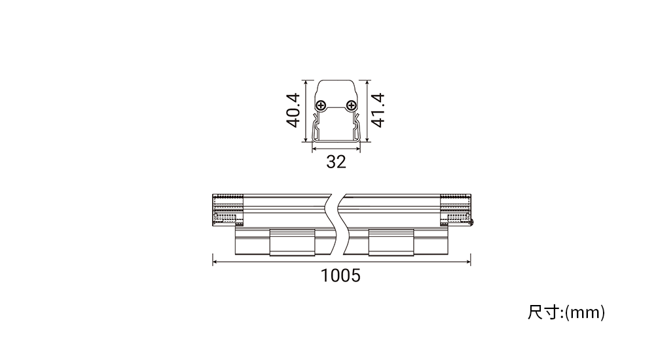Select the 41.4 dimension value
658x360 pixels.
click(378, 111)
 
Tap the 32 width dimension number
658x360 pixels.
click(336, 162)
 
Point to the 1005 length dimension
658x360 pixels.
click(340, 276)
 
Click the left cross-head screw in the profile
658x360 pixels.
click(321, 105)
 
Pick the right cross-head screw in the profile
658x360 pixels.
click(351, 105)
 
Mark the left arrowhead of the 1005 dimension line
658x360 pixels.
click(215, 262)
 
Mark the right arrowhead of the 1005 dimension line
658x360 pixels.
click(468, 262)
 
